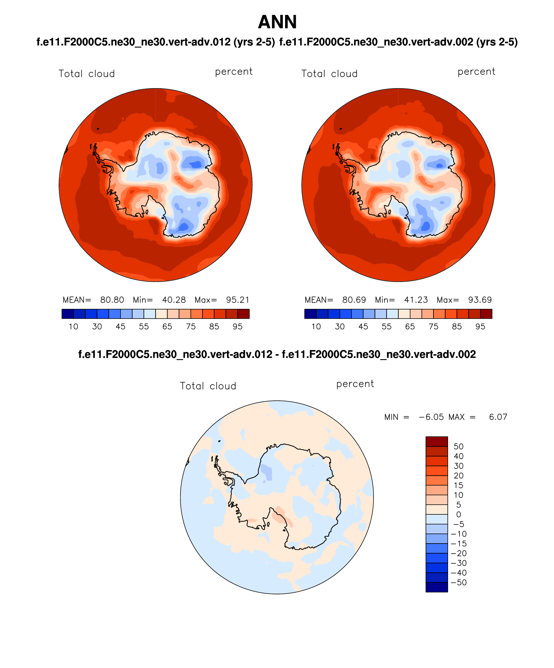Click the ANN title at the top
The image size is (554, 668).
(277, 22)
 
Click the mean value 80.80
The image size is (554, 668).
(112, 300)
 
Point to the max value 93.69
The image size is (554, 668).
(480, 300)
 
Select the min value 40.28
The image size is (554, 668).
(174, 300)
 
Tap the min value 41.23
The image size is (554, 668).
(416, 300)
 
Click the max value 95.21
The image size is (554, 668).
(238, 300)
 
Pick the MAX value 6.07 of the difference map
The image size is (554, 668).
(498, 417)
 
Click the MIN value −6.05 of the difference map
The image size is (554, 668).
(431, 417)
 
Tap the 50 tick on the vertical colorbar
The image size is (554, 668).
(458, 446)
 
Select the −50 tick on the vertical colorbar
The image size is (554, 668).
(458, 582)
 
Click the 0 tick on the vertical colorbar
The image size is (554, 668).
(458, 514)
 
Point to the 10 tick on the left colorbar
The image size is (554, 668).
(74, 326)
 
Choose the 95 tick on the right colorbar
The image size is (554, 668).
(480, 326)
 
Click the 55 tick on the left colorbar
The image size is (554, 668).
(144, 326)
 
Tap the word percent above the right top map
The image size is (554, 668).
(476, 72)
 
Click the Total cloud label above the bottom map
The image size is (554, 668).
(208, 386)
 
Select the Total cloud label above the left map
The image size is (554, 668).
(87, 74)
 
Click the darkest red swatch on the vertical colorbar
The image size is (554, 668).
(437, 441)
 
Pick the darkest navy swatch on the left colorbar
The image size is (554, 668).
(68, 314)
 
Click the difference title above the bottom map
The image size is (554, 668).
(277, 354)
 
